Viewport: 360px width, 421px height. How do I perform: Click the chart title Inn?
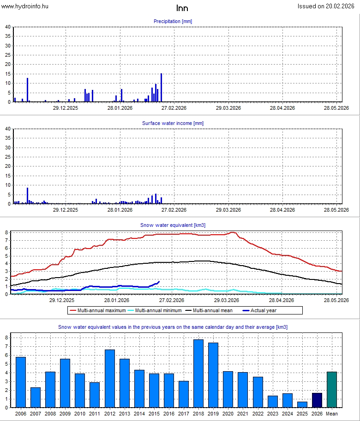pos(182,8)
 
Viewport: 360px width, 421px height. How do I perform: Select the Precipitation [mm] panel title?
pos(173,21)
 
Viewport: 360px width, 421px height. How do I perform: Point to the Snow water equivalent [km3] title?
pos(173,225)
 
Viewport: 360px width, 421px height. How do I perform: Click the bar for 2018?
pos(198,374)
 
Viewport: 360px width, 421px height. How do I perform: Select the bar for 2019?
pos(213,375)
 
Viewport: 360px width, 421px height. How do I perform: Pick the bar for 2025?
pos(302,404)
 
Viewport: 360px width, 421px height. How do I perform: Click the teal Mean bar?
pos(331,390)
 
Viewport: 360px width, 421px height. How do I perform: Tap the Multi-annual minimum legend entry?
pos(156,310)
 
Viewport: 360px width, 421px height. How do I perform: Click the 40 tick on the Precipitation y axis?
pos(8,27)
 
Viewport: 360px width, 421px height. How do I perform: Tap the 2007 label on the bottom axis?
pos(36,414)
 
